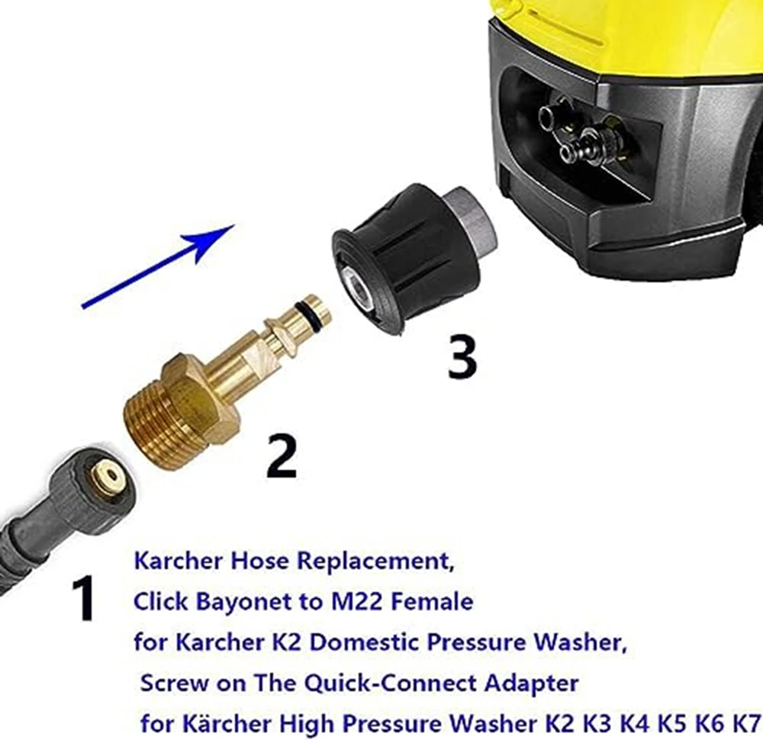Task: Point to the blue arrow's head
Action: (x=217, y=236)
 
